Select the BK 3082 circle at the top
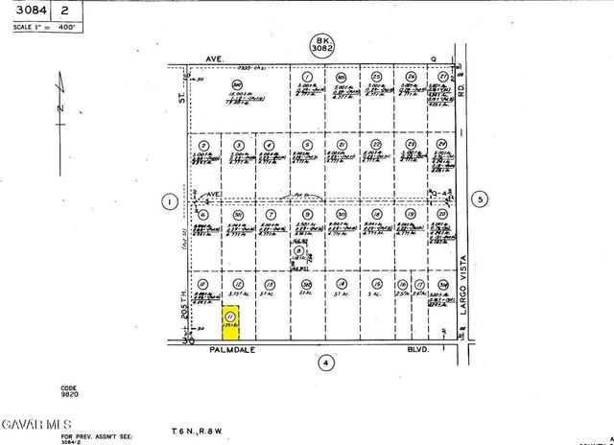[x=320, y=44]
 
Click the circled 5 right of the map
[x=482, y=199]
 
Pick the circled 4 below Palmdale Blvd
[x=326, y=362]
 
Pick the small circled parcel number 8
[x=298, y=248]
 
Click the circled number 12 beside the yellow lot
[x=237, y=285]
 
